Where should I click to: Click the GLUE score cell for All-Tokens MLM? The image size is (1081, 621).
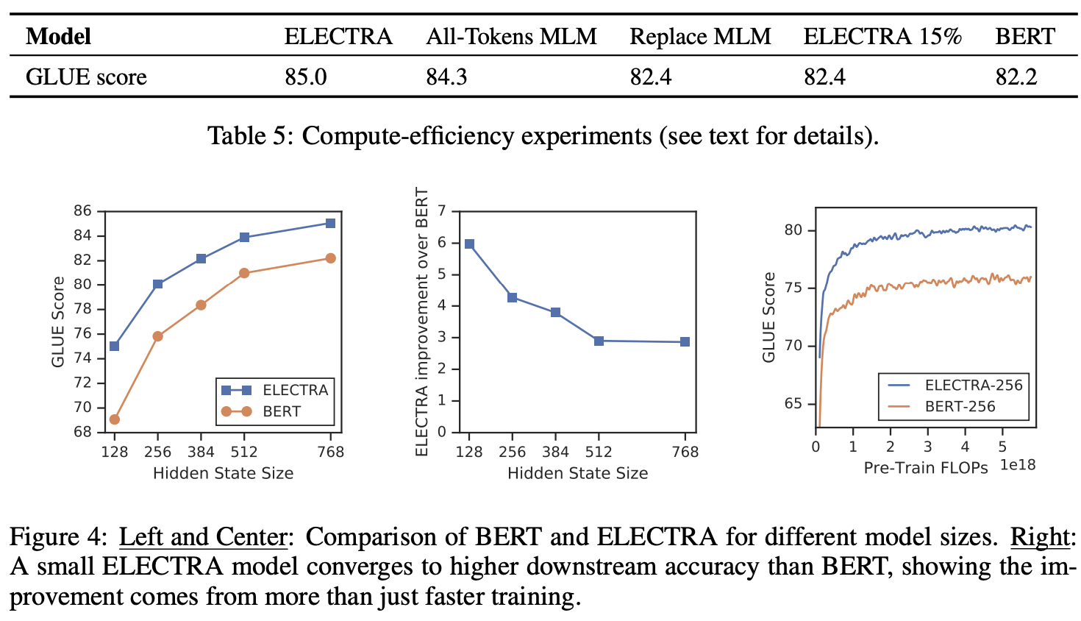[x=446, y=77]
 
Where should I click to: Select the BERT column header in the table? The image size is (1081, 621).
[x=1025, y=36]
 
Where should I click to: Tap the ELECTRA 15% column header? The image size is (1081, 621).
[x=882, y=36]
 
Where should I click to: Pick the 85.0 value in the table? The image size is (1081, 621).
[x=306, y=77]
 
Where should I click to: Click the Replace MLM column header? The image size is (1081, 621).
[x=700, y=36]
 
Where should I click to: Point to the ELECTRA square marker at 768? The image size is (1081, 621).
[x=330, y=223]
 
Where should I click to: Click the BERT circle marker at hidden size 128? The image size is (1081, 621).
[x=114, y=419]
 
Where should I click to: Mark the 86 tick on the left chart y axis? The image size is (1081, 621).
[x=82, y=211]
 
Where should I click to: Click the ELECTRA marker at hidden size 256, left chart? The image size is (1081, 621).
[x=157, y=284]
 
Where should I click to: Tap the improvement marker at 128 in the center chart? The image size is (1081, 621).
[x=469, y=244]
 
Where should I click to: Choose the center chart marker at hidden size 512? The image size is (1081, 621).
[x=599, y=341]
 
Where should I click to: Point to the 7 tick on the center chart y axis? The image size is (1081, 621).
[x=442, y=211]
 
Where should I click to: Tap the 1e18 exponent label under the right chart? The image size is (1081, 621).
[x=1017, y=465]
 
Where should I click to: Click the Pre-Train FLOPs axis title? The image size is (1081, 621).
[x=926, y=468]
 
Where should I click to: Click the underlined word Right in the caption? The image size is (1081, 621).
[x=1040, y=537]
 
